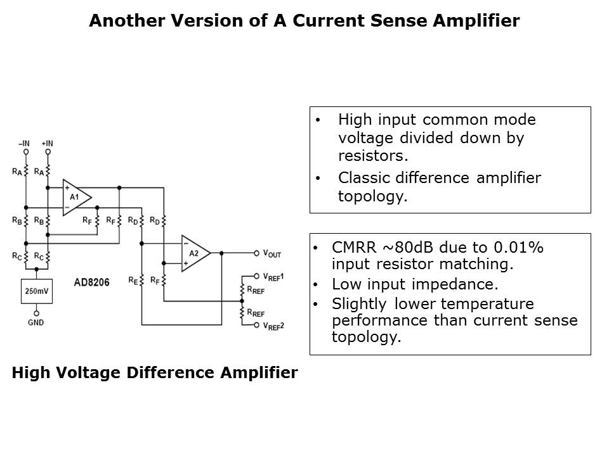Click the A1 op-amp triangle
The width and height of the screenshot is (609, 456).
75,198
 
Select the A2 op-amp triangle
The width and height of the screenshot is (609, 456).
193,253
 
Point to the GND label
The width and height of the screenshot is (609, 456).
36,322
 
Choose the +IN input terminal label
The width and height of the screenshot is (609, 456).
47,144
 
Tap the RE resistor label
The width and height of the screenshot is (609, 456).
131,277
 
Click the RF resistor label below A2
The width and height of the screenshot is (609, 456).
154,277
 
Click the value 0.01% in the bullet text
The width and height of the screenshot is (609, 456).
513,248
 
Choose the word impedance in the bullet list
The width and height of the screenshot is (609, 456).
452,284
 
